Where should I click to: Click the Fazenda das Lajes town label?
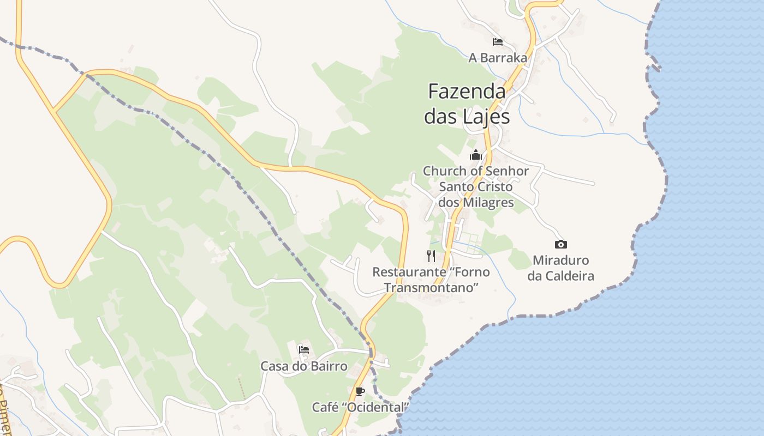pos(467,104)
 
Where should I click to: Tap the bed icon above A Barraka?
pos(497,41)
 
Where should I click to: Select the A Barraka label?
pos(498,57)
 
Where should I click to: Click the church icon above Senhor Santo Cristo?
pos(476,155)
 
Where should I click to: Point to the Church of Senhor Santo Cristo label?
pos(476,186)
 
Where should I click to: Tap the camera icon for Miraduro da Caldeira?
pos(560,244)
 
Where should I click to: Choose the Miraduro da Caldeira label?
pos(560,268)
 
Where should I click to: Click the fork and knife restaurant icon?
pos(431,256)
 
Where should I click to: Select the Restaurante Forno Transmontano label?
pos(431,279)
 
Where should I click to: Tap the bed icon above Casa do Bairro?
pos(304,349)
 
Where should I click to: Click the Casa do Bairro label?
pos(304,366)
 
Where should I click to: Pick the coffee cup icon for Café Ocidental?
pos(360,391)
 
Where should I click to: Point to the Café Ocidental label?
pos(360,407)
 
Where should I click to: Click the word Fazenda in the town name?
pos(467,91)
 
